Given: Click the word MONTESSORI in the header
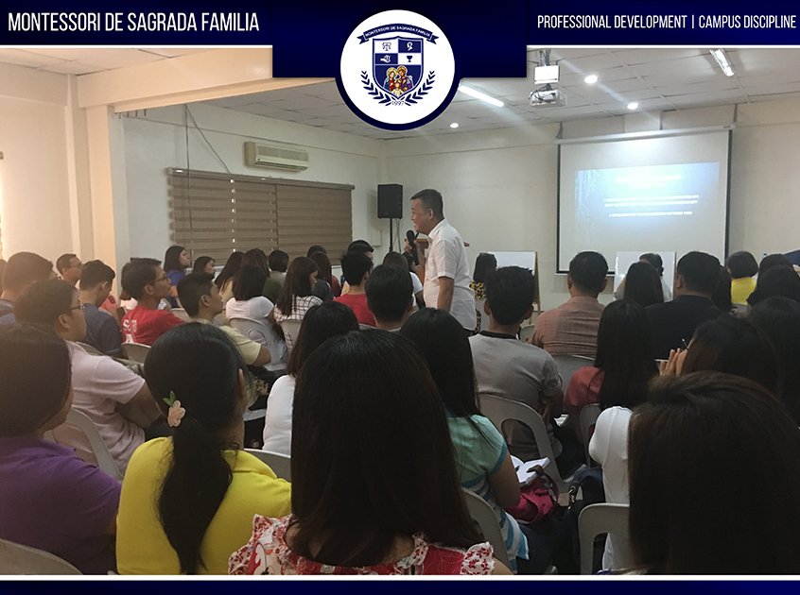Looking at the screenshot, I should [x=52, y=22].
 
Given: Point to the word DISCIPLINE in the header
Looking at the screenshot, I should [x=763, y=22].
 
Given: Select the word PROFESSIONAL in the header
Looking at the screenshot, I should [x=579, y=22].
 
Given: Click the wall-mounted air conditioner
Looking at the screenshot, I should [x=276, y=156].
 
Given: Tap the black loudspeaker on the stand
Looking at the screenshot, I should [x=390, y=201].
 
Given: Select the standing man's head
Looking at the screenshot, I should [x=426, y=207].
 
